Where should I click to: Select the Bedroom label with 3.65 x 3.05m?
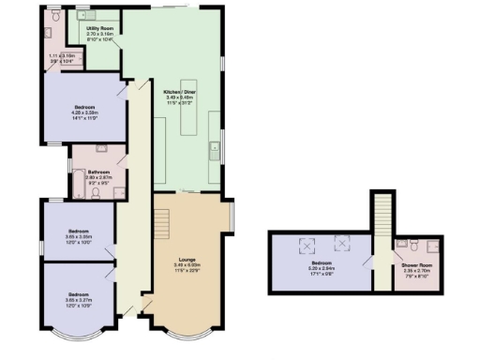click(x=77, y=231)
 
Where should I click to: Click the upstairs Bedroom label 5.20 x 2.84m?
click(x=322, y=265)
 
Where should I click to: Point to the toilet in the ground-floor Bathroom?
click(x=95, y=187)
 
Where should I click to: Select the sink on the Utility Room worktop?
click(x=82, y=16)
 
